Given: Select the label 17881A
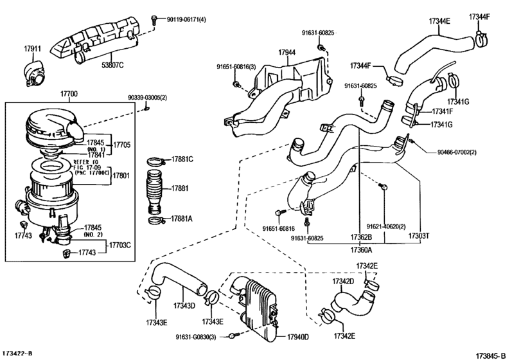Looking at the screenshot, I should [182, 219].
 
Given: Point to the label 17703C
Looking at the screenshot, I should [119, 244].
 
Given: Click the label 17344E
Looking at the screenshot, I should [439, 21].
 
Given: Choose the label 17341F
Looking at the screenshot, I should [442, 111].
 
